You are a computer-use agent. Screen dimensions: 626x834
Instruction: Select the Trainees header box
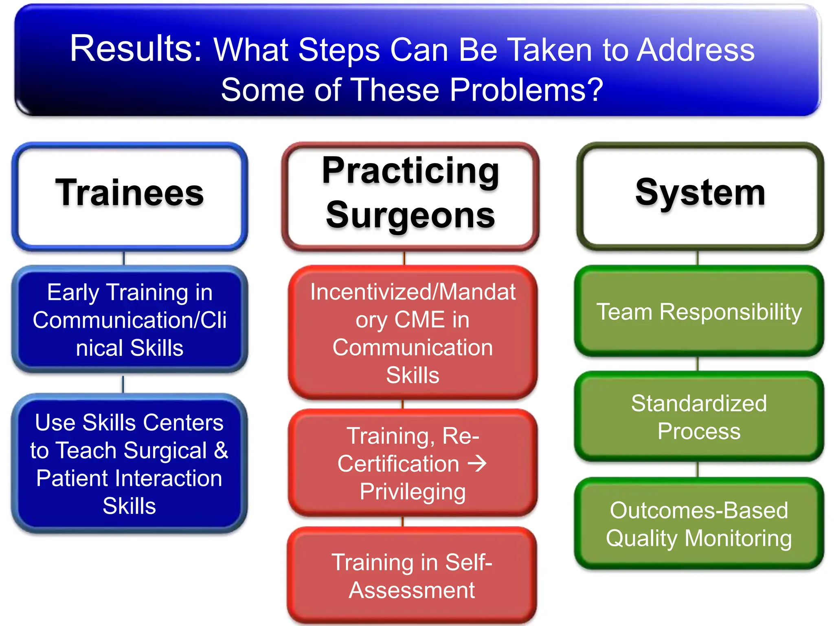129,196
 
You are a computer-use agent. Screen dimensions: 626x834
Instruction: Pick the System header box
700,196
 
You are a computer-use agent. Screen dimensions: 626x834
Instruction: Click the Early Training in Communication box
129,320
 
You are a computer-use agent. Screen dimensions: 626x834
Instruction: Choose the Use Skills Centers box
129,464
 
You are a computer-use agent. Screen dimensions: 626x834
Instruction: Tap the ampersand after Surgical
221,451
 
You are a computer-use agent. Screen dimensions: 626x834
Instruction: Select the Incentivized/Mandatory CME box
412,333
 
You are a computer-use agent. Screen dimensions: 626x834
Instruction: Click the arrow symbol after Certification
477,464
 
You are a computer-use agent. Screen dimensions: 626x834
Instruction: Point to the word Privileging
412,492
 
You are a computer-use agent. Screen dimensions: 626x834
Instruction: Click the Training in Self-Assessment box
411,575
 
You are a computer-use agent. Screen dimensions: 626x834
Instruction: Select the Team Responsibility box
699,311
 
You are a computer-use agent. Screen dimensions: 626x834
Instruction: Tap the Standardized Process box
699,417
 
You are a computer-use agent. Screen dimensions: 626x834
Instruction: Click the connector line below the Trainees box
124,258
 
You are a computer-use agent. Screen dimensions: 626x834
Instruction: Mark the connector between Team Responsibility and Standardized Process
698,364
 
